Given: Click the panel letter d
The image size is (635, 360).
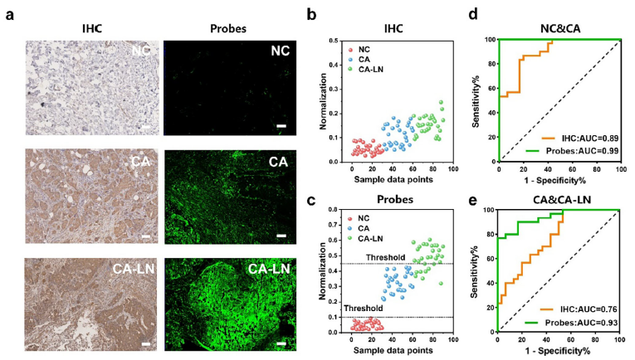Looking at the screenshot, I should [x=471, y=15].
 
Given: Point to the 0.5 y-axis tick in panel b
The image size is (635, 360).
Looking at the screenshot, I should [x=332, y=41].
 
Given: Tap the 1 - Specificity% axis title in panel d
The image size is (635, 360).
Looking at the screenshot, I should [x=559, y=180].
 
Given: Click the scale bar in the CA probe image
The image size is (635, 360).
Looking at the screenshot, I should [x=281, y=236].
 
